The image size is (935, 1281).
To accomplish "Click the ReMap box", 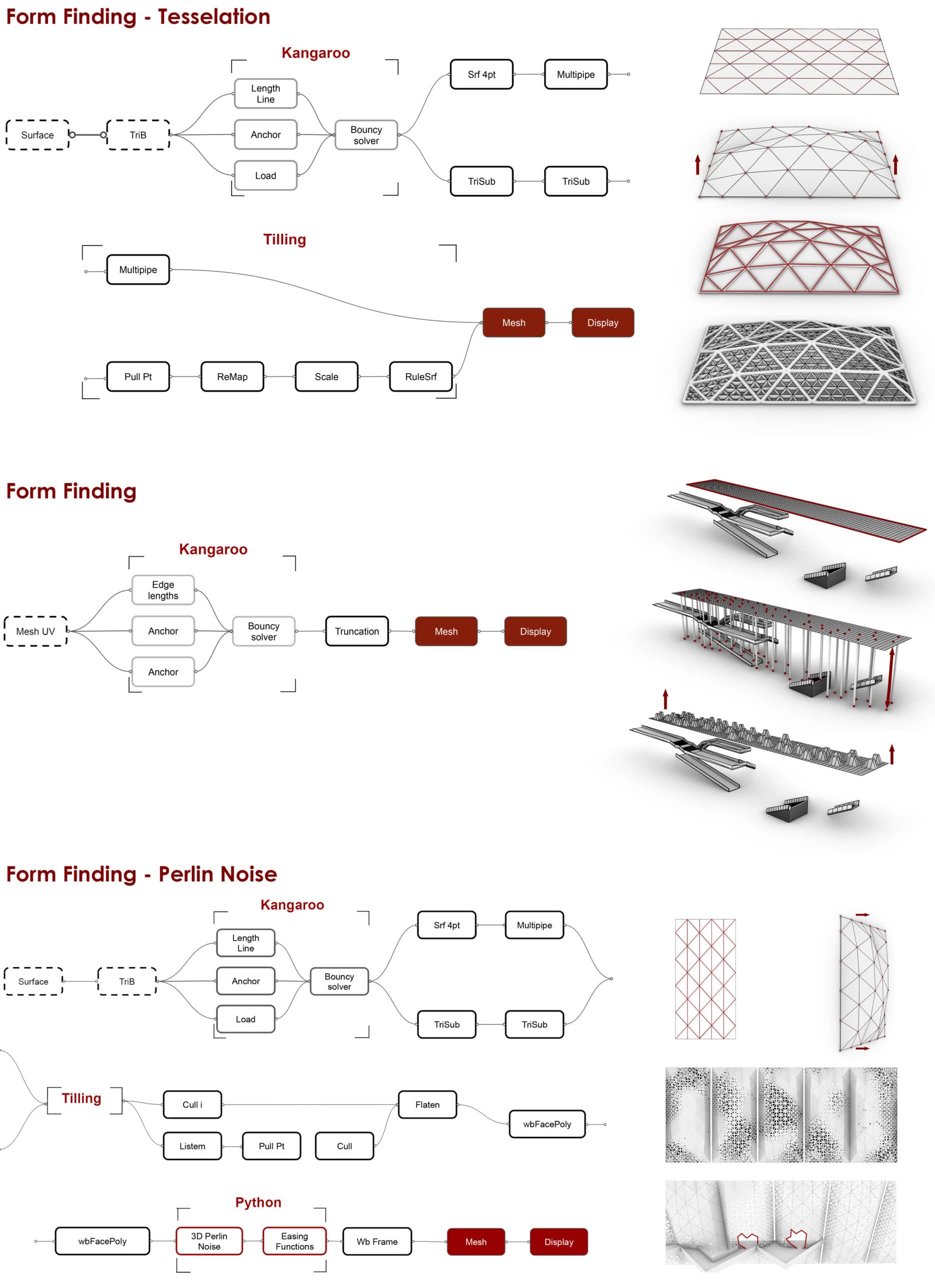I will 232,376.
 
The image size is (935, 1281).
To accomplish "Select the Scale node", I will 327,376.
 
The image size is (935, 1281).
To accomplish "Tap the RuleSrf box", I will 421,376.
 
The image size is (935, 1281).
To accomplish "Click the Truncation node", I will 357,631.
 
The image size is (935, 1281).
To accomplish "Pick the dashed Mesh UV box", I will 36,631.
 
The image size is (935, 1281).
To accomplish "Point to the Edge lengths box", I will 163,590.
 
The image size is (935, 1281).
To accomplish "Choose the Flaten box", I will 427,1104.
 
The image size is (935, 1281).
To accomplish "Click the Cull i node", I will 193,1104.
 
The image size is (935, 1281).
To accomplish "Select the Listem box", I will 193,1146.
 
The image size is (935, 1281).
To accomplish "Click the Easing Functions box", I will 294,1241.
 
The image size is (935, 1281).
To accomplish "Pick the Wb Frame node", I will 377,1241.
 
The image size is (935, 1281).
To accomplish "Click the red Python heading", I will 258,1202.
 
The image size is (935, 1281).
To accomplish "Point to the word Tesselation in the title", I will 214,17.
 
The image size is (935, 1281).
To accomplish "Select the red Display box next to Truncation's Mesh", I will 535,631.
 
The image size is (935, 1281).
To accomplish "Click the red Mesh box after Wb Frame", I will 475,1241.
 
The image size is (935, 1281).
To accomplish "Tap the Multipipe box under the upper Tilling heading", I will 138,269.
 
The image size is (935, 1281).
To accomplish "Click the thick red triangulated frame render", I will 798,258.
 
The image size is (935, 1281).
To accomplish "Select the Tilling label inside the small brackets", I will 82,1098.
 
